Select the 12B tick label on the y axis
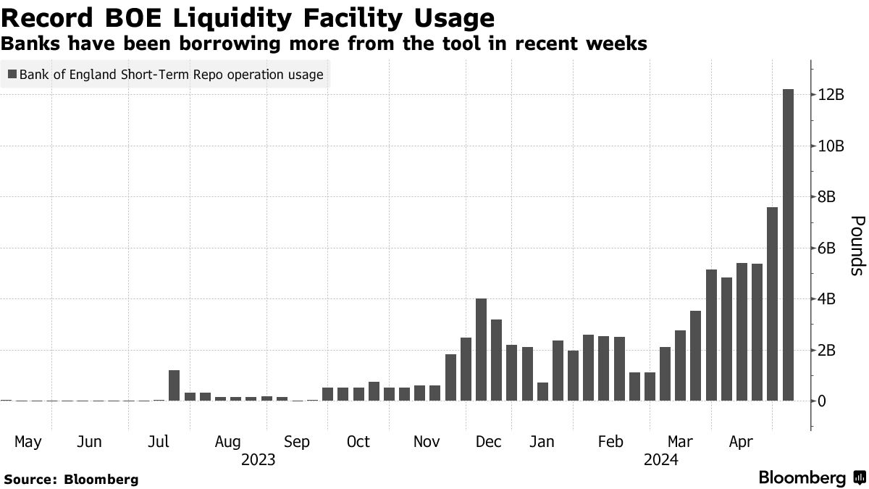click(x=831, y=95)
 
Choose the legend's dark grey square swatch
click(x=12, y=74)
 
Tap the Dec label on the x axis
click(x=489, y=442)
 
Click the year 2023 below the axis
click(x=259, y=459)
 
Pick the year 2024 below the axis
click(x=661, y=459)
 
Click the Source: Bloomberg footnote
click(x=71, y=479)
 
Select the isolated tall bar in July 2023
click(x=174, y=385)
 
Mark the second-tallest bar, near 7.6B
click(x=773, y=304)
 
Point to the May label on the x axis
click(x=27, y=442)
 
